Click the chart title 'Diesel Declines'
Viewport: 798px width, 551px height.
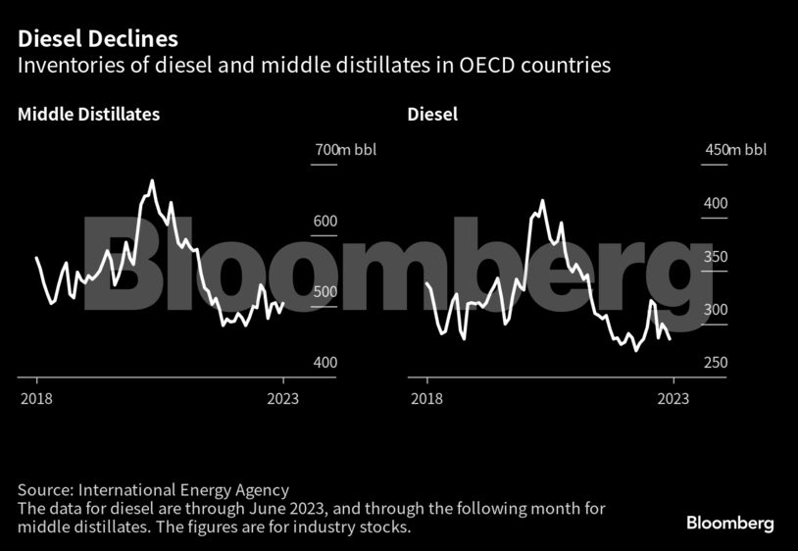96,39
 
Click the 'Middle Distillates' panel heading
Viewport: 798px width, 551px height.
88,114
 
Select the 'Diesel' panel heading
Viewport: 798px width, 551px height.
432,114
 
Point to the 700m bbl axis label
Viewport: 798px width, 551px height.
345,150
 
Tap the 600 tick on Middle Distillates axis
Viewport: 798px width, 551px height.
324,222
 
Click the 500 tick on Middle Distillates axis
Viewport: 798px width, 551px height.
324,292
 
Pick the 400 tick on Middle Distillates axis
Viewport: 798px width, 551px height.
324,363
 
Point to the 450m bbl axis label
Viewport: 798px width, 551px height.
736,150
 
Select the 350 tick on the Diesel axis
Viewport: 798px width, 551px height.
716,257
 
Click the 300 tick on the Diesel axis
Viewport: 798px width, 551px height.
716,310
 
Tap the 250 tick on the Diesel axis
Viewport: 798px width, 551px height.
716,363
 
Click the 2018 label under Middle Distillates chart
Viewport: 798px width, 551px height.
36,398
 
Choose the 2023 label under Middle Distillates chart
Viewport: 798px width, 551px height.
283,398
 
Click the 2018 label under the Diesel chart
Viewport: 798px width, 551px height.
426,398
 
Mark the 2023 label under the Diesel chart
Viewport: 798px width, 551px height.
673,398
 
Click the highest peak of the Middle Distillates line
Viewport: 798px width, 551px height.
152,181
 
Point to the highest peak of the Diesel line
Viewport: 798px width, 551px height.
542,201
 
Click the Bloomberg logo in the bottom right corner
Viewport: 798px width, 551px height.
729,523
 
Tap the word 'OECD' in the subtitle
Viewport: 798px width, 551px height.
477,66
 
